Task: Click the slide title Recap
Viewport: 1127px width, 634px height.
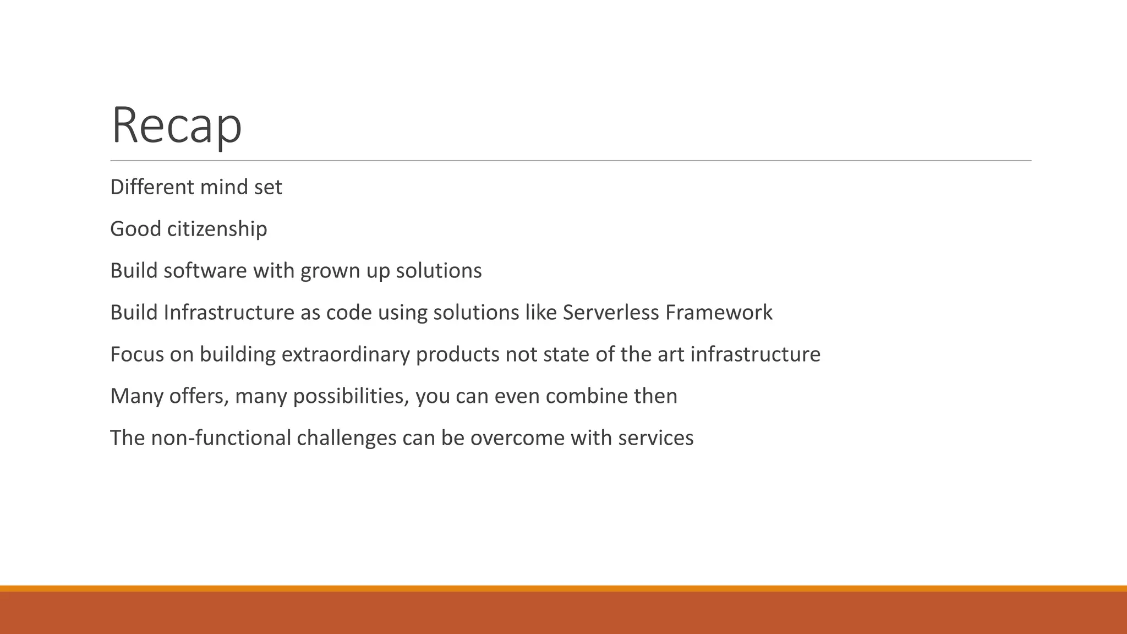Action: (176, 125)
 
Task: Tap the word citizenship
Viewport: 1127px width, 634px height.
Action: (217, 229)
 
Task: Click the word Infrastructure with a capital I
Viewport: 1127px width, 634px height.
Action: (229, 313)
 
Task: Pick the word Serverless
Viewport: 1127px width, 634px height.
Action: (611, 313)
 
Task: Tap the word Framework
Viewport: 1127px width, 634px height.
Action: (719, 313)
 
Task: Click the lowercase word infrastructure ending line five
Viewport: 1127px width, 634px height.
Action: (755, 354)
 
